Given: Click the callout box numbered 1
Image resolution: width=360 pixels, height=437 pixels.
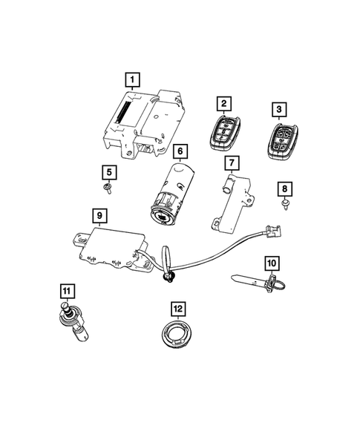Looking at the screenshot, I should [131, 79].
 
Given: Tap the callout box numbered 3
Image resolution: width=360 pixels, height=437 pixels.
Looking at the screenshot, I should [278, 111].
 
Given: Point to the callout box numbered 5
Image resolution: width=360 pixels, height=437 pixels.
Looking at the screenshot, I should [109, 173].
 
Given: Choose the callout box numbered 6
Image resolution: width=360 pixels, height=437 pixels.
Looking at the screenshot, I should [178, 151].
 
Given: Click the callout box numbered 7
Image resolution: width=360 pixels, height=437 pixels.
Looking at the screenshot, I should [232, 162].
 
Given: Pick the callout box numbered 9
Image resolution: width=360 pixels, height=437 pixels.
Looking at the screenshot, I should [98, 215].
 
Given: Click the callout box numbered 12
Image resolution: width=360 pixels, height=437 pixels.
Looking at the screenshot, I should [178, 308].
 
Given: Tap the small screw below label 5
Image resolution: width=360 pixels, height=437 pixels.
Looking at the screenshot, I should [109, 189].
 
